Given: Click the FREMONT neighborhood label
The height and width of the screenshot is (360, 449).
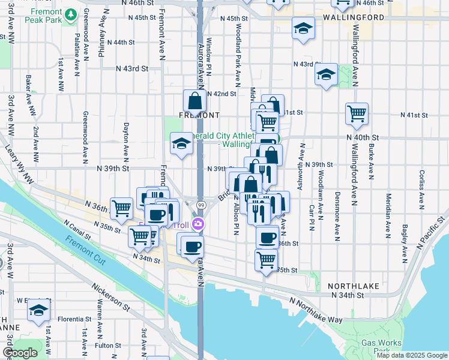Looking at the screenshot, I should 200,114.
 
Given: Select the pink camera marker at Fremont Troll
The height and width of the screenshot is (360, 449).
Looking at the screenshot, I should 199,225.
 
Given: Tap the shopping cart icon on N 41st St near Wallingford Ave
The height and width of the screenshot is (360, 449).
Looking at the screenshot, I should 357,113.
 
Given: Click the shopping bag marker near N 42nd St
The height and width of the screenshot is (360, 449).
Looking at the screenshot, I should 194,100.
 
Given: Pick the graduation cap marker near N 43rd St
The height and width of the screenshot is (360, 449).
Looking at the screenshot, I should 326,74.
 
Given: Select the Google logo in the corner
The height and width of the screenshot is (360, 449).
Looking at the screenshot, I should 20,353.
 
